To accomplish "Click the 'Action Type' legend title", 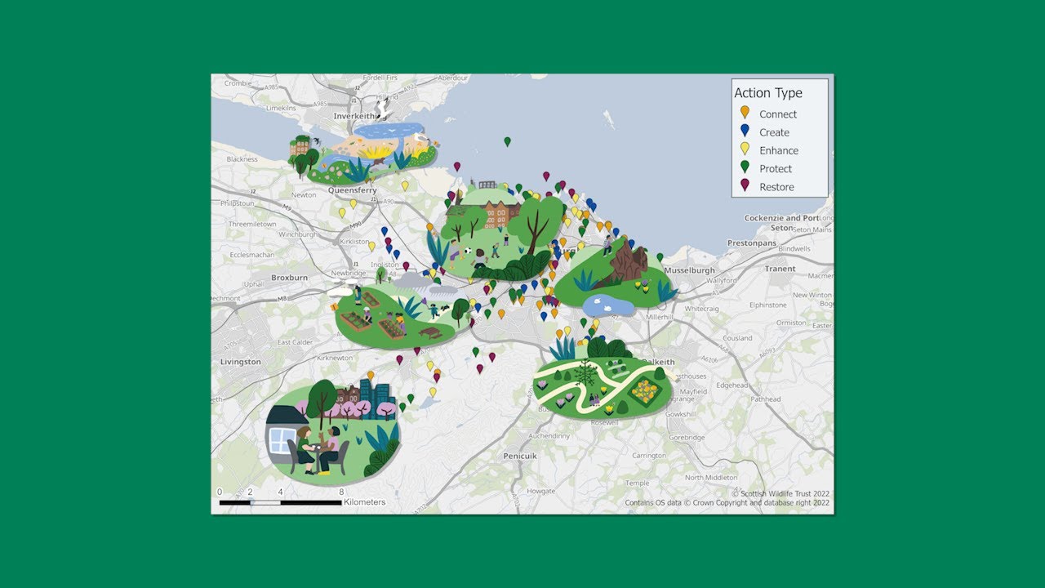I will pyautogui.click(x=767, y=93).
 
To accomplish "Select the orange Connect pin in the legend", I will pyautogui.click(x=744, y=113).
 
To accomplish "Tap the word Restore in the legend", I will pyautogui.click(x=776, y=187).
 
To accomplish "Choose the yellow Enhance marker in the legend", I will pyautogui.click(x=744, y=149).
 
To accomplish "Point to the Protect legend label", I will pyautogui.click(x=776, y=169).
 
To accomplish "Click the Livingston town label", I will pyautogui.click(x=241, y=362).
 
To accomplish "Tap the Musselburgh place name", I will pyautogui.click(x=690, y=270).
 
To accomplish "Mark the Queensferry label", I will pyautogui.click(x=353, y=190).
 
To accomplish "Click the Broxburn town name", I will pyautogui.click(x=289, y=278).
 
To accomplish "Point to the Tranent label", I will pyautogui.click(x=780, y=269).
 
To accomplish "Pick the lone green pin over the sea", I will pyautogui.click(x=507, y=141).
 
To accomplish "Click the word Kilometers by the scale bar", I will pyautogui.click(x=365, y=502).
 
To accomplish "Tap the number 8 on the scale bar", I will pyautogui.click(x=341, y=492).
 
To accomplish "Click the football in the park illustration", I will pyautogui.click(x=468, y=251).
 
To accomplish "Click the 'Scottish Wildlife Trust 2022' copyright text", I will pyautogui.click(x=780, y=493).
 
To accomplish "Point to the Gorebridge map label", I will pyautogui.click(x=685, y=438).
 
